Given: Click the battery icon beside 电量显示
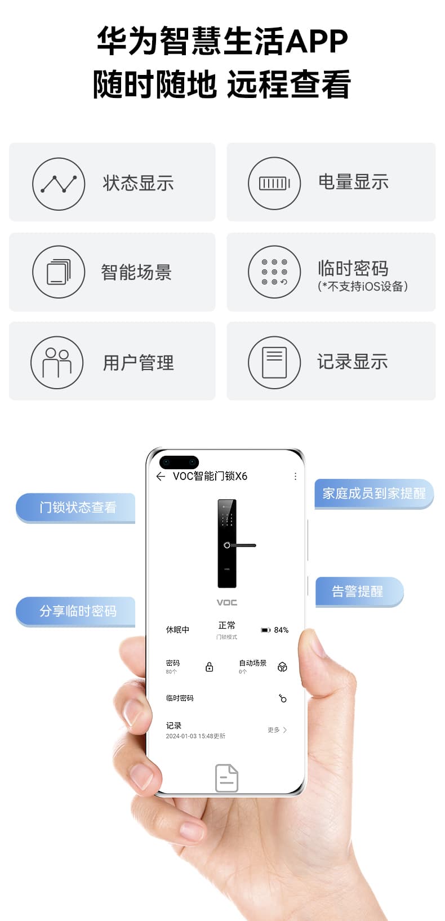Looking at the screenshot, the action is click(x=274, y=184).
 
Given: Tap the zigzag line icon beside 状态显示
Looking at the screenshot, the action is click(x=59, y=184).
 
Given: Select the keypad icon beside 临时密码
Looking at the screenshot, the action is click(x=274, y=272).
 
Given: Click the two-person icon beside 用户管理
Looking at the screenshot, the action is click(x=57, y=362).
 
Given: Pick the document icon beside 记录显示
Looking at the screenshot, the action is click(x=274, y=362).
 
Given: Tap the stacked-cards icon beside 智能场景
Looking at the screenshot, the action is click(x=59, y=272).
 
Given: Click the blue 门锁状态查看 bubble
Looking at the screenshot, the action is click(x=75, y=508).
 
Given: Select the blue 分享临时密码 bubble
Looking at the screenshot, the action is click(x=75, y=611).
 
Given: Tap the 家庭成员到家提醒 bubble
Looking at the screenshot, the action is click(x=374, y=494).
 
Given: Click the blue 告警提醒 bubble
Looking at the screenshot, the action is click(x=359, y=591).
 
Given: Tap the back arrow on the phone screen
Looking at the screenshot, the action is click(x=161, y=476).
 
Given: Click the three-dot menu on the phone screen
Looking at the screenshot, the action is click(x=295, y=476).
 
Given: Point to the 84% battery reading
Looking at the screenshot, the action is click(x=281, y=630).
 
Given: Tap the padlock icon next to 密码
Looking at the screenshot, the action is click(x=210, y=666).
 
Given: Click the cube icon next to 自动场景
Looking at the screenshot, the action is click(x=282, y=666).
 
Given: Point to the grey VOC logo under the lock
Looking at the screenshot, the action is click(x=227, y=602).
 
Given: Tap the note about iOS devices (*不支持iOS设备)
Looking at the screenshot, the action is click(x=363, y=286).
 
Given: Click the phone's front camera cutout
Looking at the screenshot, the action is click(x=179, y=462).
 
